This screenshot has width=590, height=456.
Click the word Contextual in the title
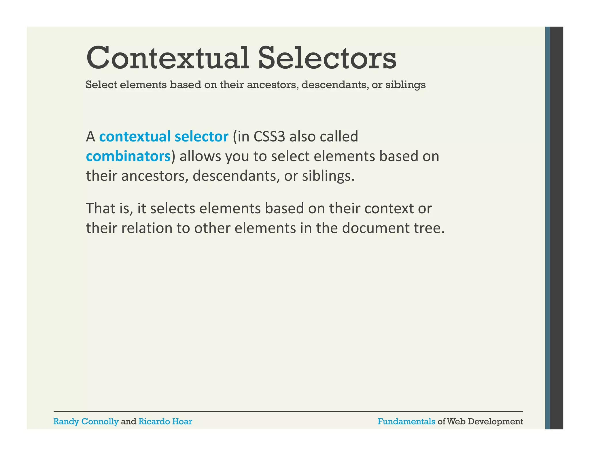click(x=167, y=59)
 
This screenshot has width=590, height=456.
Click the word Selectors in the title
click(x=327, y=59)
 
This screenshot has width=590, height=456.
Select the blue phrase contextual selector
click(x=164, y=137)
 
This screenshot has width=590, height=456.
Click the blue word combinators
click(x=128, y=157)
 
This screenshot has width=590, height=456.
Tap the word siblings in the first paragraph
click(x=328, y=176)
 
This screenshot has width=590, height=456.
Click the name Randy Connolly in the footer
click(x=86, y=422)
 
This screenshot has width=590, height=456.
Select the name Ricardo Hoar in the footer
click(x=165, y=422)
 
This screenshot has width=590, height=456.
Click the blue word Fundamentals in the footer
click(x=406, y=422)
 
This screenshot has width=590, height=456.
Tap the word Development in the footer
click(x=495, y=422)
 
